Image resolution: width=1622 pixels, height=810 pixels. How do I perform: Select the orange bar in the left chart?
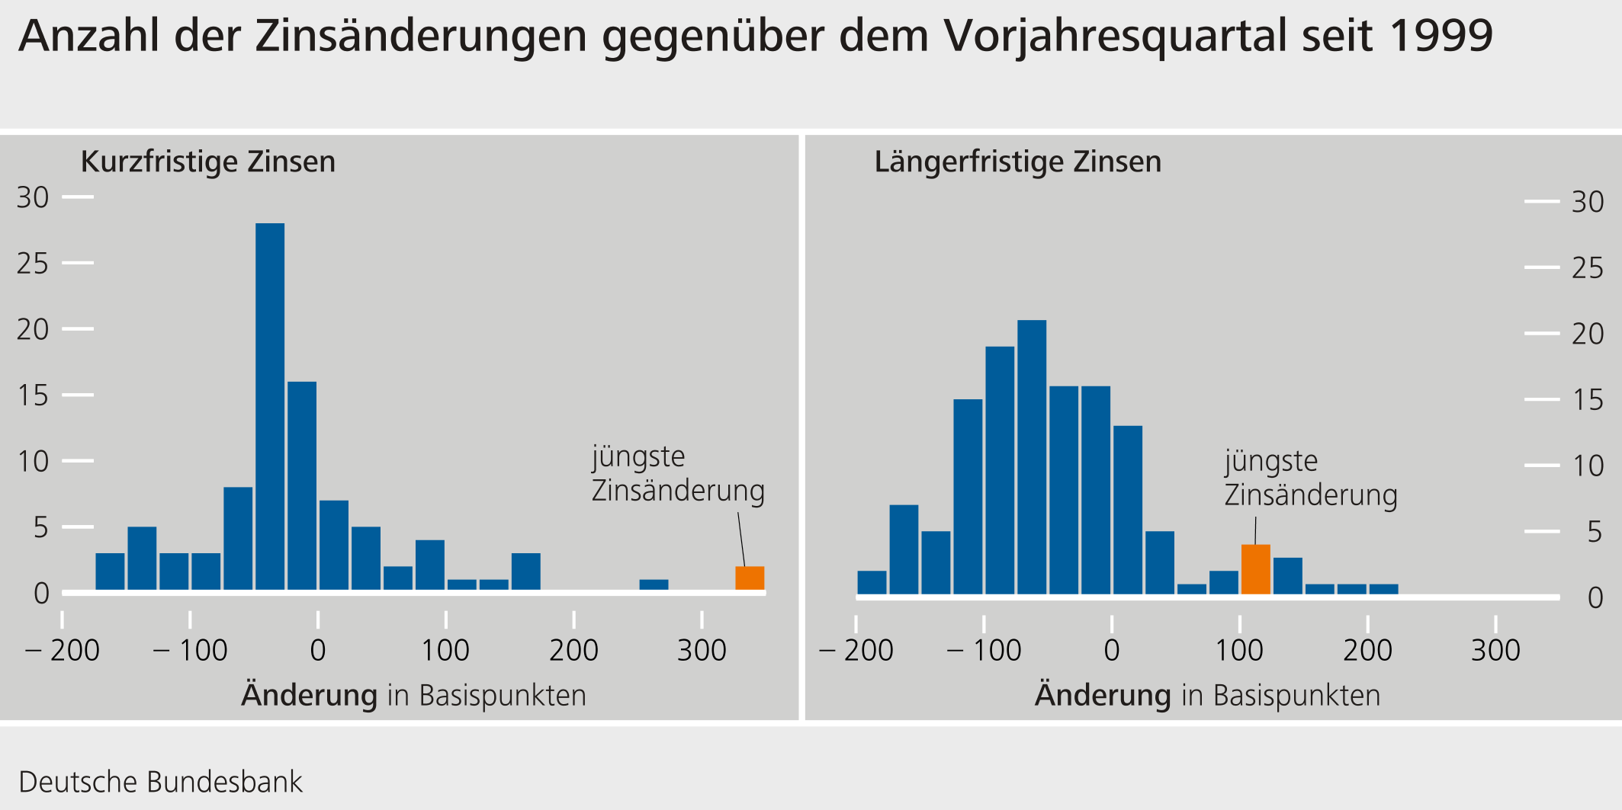point(750,578)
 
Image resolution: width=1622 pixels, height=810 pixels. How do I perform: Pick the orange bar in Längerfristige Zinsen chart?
point(1255,569)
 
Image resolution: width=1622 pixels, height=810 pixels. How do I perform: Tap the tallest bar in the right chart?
point(1032,457)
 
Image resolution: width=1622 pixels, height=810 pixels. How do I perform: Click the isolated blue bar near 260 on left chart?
point(654,585)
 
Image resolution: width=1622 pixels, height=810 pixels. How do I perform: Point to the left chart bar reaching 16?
point(302,485)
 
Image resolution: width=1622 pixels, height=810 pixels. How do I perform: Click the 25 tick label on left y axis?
point(33,264)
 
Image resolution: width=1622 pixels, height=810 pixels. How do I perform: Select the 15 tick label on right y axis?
point(1588,400)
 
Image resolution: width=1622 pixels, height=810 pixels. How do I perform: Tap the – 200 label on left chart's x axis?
point(63,651)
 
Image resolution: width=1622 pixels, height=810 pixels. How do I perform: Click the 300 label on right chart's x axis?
point(1495,651)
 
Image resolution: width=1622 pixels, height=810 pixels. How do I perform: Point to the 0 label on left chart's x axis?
point(318,651)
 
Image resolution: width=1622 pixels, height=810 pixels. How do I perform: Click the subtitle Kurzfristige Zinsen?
point(207,162)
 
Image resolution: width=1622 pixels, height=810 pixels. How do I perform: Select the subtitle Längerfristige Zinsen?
point(1017,162)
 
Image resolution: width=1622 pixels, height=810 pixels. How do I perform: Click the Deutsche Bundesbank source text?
point(160,782)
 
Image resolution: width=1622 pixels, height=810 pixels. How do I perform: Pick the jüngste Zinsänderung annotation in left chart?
point(677,473)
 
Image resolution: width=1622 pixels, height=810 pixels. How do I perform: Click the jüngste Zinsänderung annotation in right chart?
point(1310,478)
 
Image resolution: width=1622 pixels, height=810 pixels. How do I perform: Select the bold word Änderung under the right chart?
point(1103,696)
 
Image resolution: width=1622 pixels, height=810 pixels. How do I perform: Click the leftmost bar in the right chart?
point(872,582)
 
